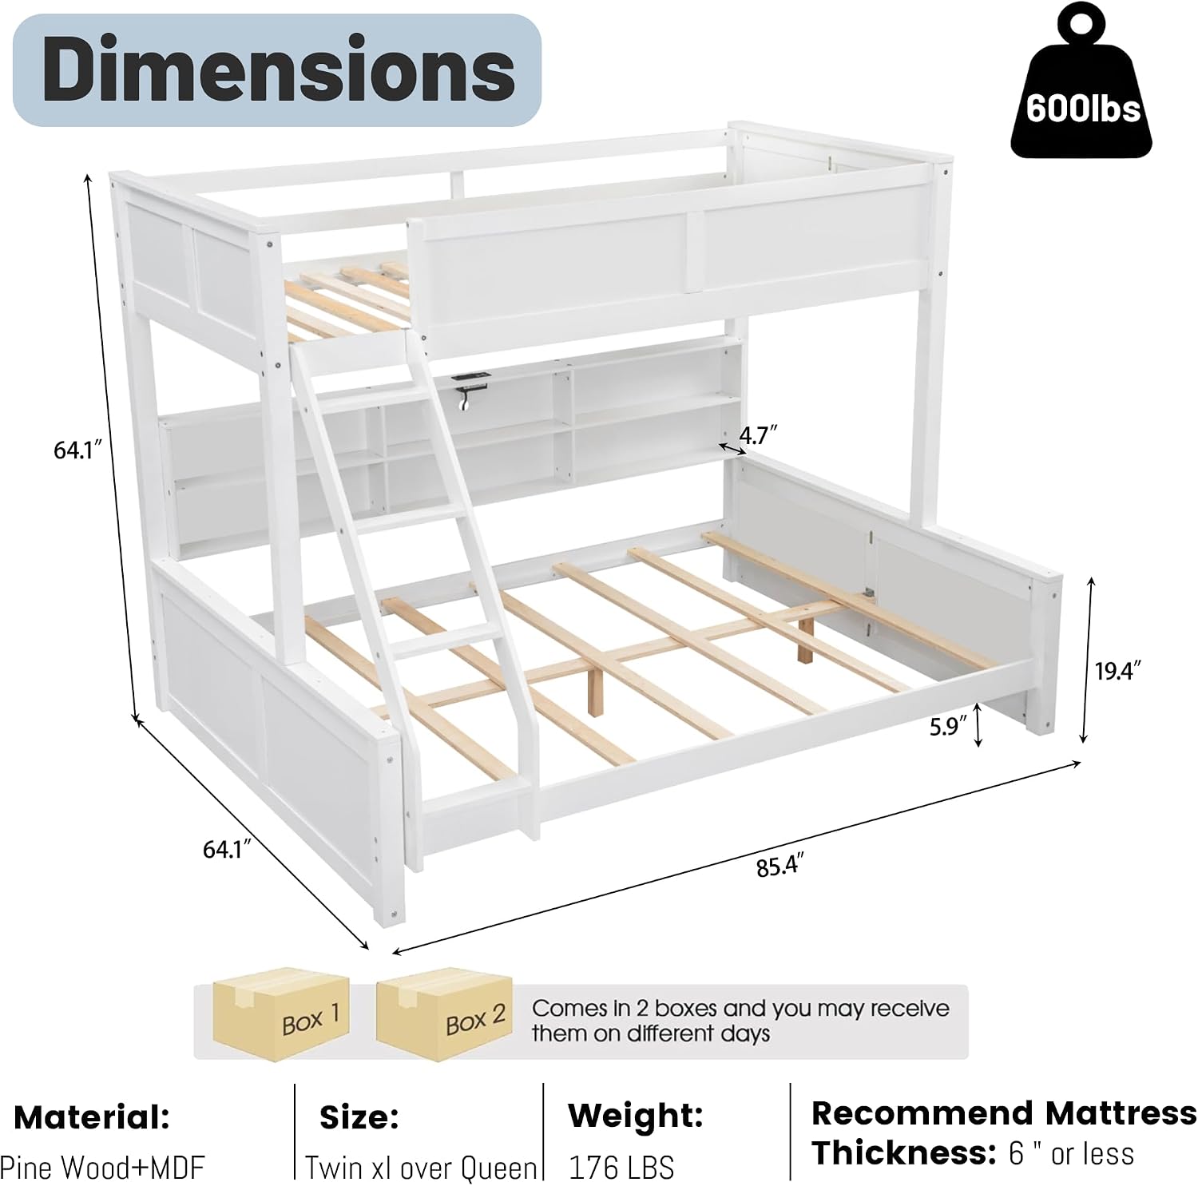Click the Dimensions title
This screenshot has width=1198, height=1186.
pos(278,69)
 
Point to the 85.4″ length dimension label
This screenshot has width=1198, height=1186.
pos(779,865)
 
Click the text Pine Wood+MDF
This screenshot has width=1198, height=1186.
pos(102,1167)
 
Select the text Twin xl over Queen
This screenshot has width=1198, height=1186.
pos(421,1168)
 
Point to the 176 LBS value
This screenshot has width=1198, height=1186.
pos(621,1168)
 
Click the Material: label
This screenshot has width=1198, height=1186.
pos(92,1117)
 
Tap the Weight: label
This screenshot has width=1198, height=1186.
pos(636,1116)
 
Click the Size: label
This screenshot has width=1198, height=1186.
pos(359,1117)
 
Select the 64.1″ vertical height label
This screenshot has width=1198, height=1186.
pos(79,450)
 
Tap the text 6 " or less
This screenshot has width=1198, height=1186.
pos(1072,1153)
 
